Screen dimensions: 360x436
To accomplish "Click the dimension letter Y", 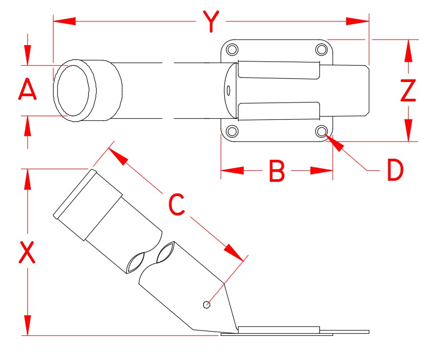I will pyautogui.click(x=210, y=22).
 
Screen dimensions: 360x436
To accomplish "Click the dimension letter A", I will pyautogui.click(x=28, y=90).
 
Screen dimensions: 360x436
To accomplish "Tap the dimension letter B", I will pyautogui.click(x=276, y=171).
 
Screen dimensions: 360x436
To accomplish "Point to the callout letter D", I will pyautogui.click(x=395, y=170).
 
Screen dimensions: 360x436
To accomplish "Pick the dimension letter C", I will pyautogui.click(x=177, y=204).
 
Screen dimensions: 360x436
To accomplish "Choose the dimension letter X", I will pyautogui.click(x=27, y=252).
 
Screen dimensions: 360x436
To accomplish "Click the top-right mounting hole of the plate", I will pyautogui.click(x=321, y=50).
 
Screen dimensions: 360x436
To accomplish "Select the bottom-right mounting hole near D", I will pyautogui.click(x=321, y=131).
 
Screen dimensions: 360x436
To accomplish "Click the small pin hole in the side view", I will pyautogui.click(x=207, y=304).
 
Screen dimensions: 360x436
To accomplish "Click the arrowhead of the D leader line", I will pyautogui.click(x=334, y=141).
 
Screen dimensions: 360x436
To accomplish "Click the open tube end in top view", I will pyautogui.click(x=74, y=90).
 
